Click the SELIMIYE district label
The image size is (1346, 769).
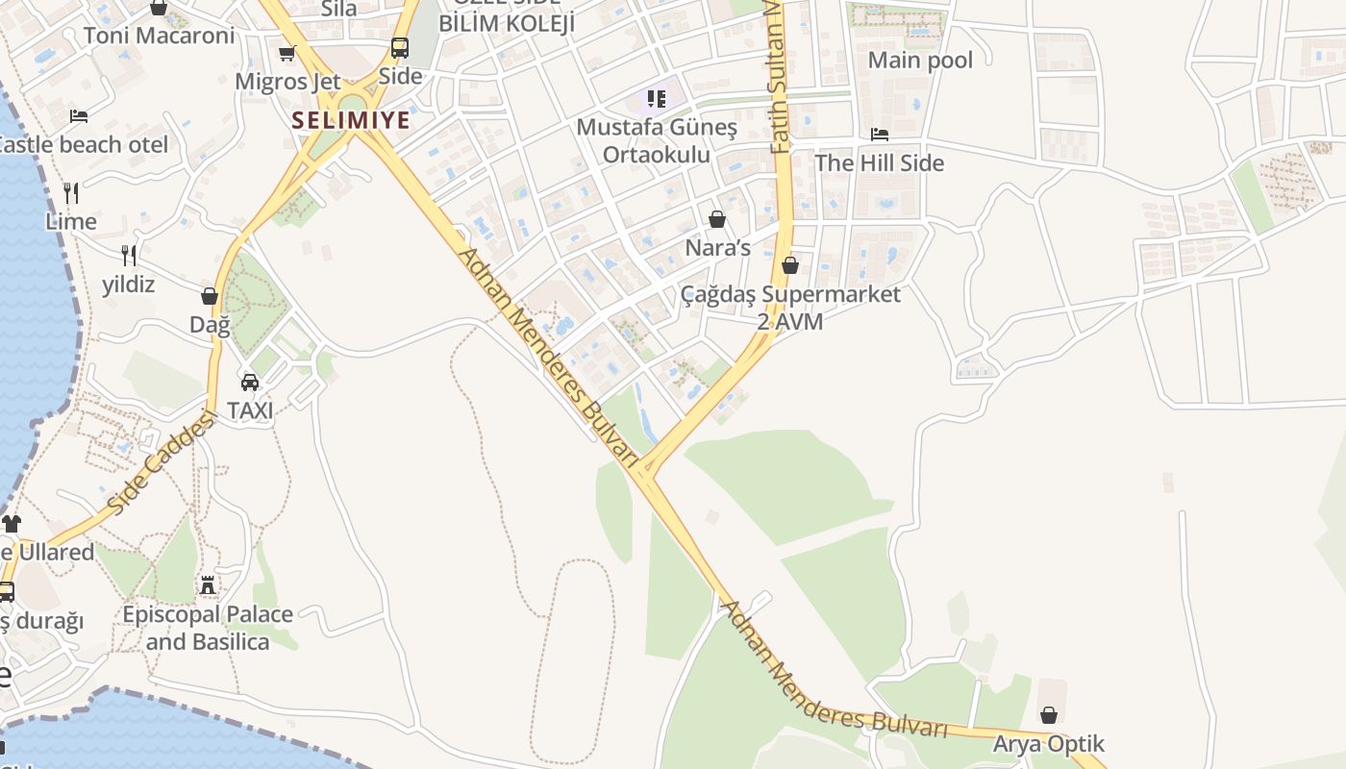[351, 120]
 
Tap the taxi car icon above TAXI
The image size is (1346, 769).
[250, 382]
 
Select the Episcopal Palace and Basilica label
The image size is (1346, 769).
[208, 628]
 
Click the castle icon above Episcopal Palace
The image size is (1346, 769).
[207, 584]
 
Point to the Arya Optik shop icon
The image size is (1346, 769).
[1049, 715]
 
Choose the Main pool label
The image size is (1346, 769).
[920, 61]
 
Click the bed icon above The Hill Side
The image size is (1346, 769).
[880, 135]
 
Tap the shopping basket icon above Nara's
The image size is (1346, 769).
[716, 219]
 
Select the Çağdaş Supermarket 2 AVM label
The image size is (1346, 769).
[790, 308]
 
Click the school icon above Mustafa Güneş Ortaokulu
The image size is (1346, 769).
[657, 98]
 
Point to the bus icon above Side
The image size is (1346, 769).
[399, 47]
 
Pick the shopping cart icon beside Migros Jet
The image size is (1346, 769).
[287, 54]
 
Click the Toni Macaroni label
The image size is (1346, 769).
[159, 36]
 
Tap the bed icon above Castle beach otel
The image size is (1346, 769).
[79, 116]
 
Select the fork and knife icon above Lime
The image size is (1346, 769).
[70, 192]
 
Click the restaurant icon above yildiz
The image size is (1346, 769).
[128, 255]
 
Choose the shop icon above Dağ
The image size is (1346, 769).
[210, 296]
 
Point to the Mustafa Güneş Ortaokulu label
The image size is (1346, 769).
[657, 140]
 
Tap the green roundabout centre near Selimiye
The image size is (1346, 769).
[353, 103]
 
